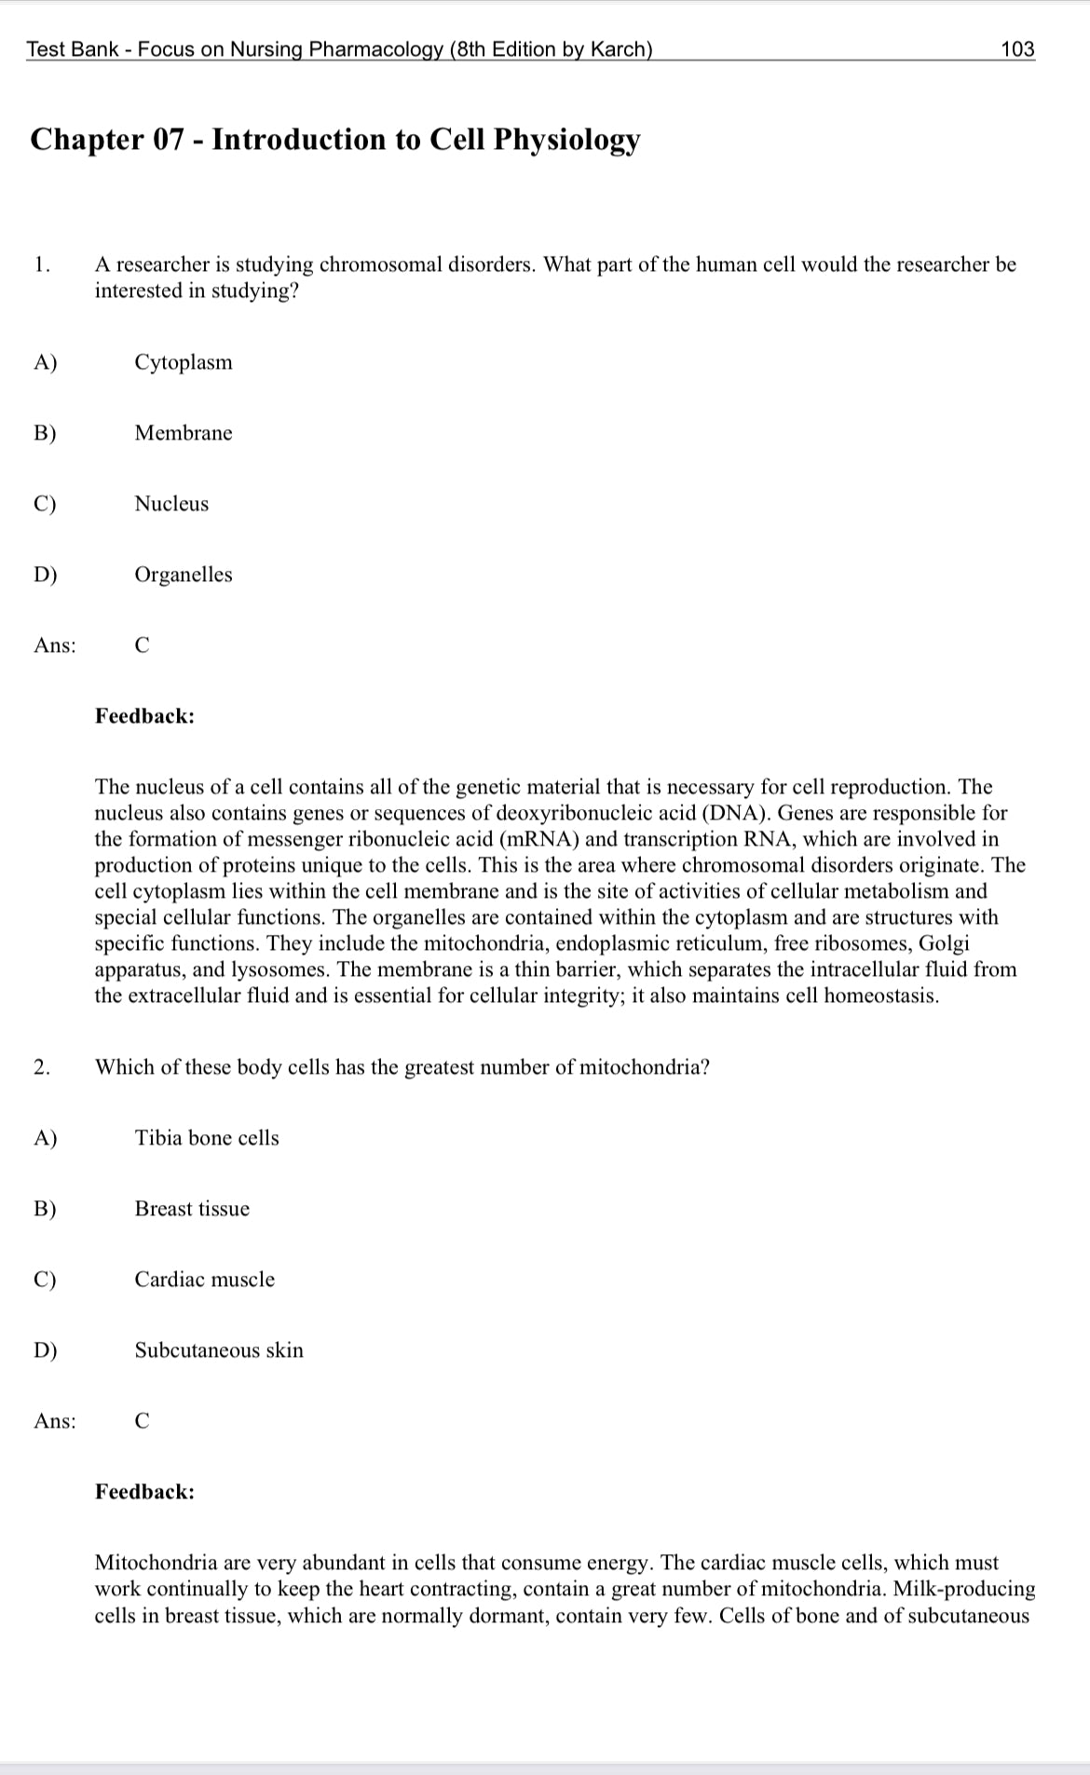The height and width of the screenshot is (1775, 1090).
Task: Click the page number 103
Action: (1017, 49)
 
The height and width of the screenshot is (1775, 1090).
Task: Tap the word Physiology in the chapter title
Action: (566, 140)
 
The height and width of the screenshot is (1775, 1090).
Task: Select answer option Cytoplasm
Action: (184, 362)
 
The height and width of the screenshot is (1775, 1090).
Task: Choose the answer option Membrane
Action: (184, 433)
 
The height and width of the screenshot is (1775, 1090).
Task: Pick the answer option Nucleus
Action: (171, 504)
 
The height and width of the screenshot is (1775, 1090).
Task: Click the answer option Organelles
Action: (184, 575)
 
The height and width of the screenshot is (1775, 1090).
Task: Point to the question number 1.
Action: (40, 264)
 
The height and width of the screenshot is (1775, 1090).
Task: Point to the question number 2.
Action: (40, 1067)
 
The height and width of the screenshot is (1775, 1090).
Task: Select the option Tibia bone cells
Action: (207, 1138)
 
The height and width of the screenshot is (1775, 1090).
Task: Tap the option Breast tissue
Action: (192, 1209)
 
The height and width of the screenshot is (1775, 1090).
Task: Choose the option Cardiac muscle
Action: (205, 1280)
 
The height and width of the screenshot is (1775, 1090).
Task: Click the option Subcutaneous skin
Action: (219, 1350)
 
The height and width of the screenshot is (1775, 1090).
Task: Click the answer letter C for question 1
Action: (142, 645)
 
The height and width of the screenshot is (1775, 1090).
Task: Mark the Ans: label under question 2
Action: (55, 1421)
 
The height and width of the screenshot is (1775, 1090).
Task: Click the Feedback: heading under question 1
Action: (144, 716)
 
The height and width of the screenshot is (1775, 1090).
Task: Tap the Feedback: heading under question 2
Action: (144, 1492)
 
